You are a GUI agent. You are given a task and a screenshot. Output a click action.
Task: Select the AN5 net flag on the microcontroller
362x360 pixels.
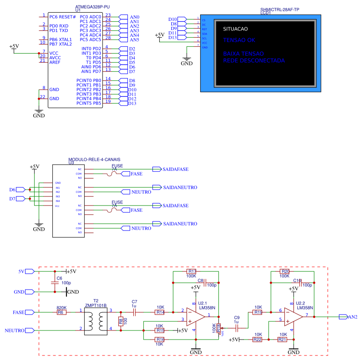tap(123, 40)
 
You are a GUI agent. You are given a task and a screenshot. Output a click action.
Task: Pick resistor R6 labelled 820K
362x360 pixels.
tap(61, 312)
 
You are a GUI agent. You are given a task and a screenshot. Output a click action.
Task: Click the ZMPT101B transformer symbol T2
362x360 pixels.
tap(96, 320)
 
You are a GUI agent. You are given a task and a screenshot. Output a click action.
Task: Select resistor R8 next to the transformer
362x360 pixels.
tap(121, 320)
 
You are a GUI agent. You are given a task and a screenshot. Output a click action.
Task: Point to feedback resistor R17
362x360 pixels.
tap(191, 271)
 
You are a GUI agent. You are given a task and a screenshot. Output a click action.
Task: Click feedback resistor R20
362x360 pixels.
tap(286, 271)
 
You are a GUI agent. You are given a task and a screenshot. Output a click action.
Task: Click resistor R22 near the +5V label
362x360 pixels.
tap(257, 339)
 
